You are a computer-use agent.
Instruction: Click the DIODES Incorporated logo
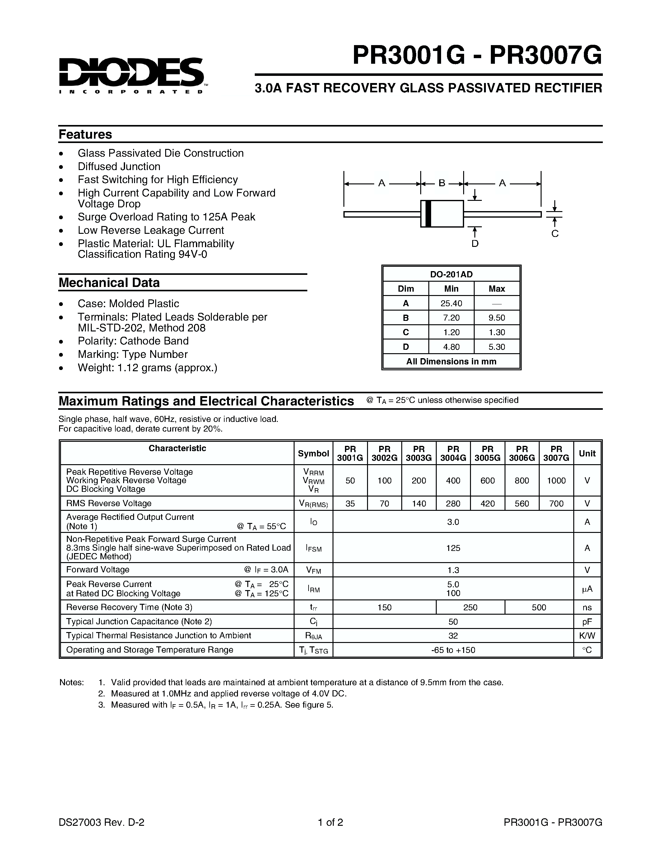coord(131,74)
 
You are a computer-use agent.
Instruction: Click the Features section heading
coord(85,134)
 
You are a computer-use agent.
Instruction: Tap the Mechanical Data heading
coord(109,282)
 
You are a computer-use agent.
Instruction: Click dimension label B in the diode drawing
coord(442,183)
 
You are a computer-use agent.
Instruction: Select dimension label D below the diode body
coord(475,243)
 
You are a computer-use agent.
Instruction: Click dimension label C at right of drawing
coord(555,234)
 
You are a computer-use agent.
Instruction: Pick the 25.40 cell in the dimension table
coord(451,303)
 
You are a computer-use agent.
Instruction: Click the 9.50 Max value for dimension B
coord(496,317)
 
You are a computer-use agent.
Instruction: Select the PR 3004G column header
coord(453,453)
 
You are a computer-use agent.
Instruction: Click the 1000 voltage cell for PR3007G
coord(556,480)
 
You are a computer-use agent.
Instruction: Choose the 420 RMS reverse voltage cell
coord(487,503)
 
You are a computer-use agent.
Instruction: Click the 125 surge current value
coord(453,548)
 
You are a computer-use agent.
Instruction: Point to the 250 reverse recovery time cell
coord(470,607)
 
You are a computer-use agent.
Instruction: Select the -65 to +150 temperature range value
coord(453,650)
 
